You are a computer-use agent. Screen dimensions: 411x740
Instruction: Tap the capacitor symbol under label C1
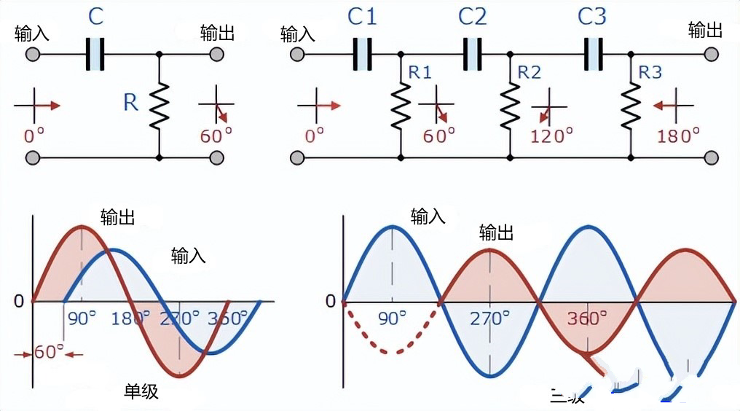pos(362,55)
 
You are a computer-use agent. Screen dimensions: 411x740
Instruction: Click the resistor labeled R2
pos(510,104)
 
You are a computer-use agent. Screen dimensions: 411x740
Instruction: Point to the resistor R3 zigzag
pos(631,104)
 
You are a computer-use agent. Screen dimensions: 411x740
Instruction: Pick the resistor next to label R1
pos(401,104)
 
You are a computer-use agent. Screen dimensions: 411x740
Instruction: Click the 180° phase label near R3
pos(678,136)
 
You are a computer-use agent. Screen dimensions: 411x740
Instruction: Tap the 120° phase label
pos(552,136)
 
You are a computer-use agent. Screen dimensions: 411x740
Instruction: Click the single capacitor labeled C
pos(95,55)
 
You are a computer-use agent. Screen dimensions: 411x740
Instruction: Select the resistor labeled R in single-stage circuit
pos(159,104)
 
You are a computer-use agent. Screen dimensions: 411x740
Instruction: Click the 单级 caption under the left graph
pos(141,392)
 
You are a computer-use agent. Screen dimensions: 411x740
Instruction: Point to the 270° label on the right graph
pos(490,318)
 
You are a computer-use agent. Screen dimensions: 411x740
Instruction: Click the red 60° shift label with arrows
pos(50,353)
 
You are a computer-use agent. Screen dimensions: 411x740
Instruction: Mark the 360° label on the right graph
pos(587,318)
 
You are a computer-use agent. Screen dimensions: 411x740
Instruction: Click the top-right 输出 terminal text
pos(706,30)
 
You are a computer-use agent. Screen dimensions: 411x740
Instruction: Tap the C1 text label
pos(362,17)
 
